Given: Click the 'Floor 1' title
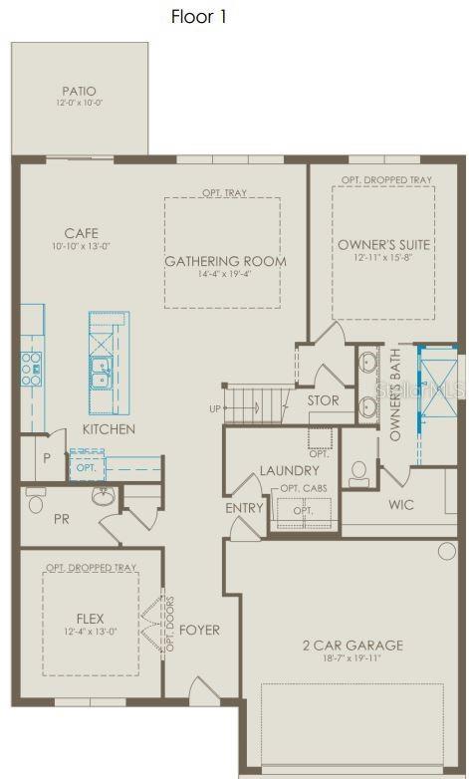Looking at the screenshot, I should (206, 17).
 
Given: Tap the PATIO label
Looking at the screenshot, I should (81, 91).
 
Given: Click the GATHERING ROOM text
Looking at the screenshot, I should (225, 262).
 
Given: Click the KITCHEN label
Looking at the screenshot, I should (110, 429).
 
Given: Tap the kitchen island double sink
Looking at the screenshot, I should (103, 373).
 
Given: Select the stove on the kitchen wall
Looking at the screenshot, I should (30, 366).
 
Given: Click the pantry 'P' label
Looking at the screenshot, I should (46, 458).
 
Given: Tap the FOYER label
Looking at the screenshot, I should (199, 631).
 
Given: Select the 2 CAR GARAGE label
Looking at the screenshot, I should (352, 646).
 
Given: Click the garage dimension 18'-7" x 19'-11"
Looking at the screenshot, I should (352, 660).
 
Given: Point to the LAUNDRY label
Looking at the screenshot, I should (289, 470).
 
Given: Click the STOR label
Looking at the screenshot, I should (323, 400).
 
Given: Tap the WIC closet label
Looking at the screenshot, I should (400, 505).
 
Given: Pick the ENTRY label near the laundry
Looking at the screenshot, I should (245, 508).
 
